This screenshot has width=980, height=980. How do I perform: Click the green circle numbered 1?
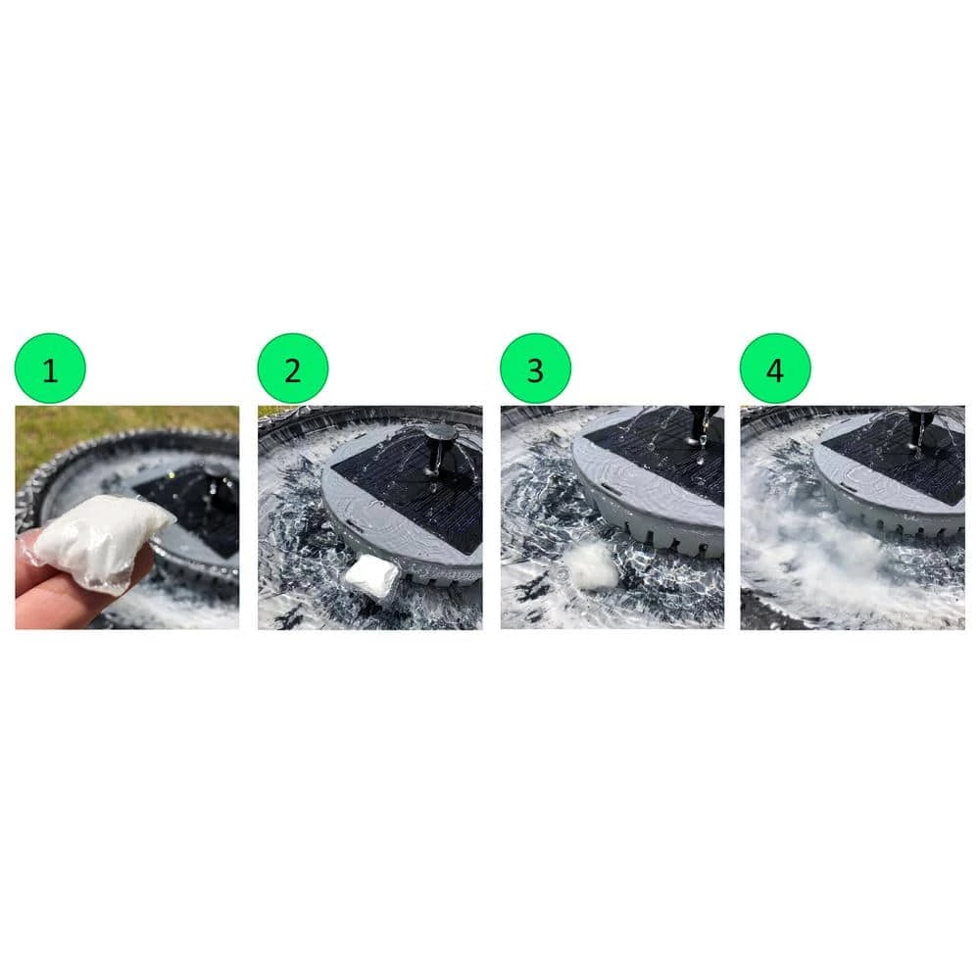50,368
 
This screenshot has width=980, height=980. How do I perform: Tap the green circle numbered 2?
292,368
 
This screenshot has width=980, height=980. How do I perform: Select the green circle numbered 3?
535,368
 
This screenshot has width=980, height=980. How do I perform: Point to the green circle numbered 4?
775,368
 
